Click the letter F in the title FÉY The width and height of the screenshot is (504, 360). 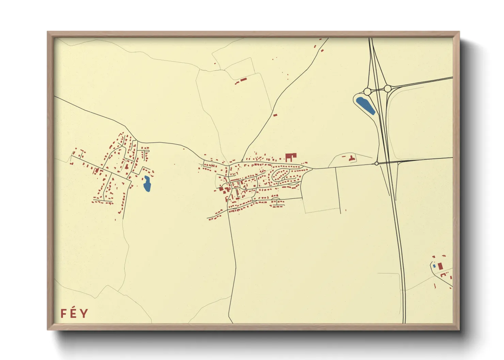point(63,313)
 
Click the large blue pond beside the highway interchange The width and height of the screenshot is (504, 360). point(365,105)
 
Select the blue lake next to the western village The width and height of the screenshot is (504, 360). point(147,184)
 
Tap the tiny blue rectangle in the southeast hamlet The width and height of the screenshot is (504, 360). point(434,266)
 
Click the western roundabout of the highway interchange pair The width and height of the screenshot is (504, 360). point(367,92)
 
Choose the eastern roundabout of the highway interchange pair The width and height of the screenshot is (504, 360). point(388,89)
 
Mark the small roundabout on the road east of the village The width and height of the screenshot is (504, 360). point(376,164)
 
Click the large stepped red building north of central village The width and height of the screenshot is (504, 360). point(290,157)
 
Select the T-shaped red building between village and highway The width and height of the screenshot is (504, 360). point(351,158)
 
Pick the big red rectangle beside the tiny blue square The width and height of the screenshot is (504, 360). point(440,265)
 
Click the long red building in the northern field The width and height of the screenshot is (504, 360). point(243,80)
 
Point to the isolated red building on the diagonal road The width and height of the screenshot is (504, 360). point(275,115)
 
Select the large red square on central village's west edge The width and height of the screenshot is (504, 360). point(221,189)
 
